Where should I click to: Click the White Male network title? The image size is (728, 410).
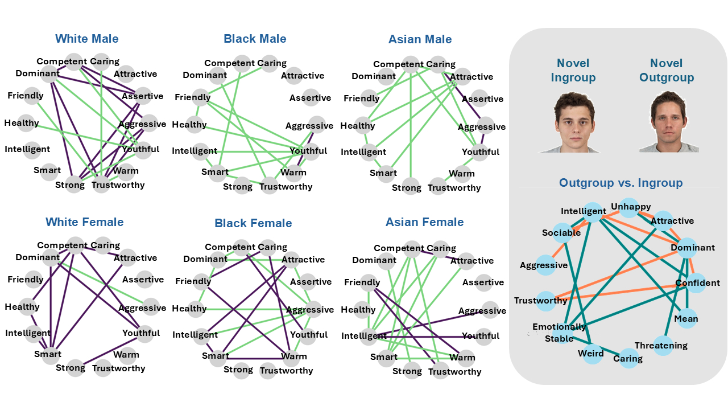click(x=87, y=39)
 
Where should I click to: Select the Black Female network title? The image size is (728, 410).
click(x=253, y=223)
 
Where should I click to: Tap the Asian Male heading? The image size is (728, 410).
click(x=420, y=39)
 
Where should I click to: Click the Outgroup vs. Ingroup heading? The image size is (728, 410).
click(x=621, y=183)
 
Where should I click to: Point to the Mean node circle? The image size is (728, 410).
click(x=685, y=319)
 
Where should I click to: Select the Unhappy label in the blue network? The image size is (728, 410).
click(x=631, y=207)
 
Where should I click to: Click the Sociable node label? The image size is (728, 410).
click(x=561, y=232)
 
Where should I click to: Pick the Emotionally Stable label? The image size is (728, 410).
click(x=559, y=333)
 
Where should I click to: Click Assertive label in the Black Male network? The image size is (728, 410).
click(x=310, y=98)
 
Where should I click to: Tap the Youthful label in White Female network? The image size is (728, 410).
click(x=140, y=333)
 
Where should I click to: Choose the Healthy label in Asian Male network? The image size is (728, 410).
click(x=358, y=126)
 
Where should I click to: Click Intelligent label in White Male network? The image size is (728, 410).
click(x=27, y=149)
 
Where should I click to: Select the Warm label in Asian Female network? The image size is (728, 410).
click(x=462, y=358)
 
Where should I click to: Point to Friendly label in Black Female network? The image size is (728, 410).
click(x=193, y=281)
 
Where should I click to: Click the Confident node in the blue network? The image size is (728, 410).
click(x=697, y=283)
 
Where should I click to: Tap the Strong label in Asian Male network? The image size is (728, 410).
click(x=407, y=187)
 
